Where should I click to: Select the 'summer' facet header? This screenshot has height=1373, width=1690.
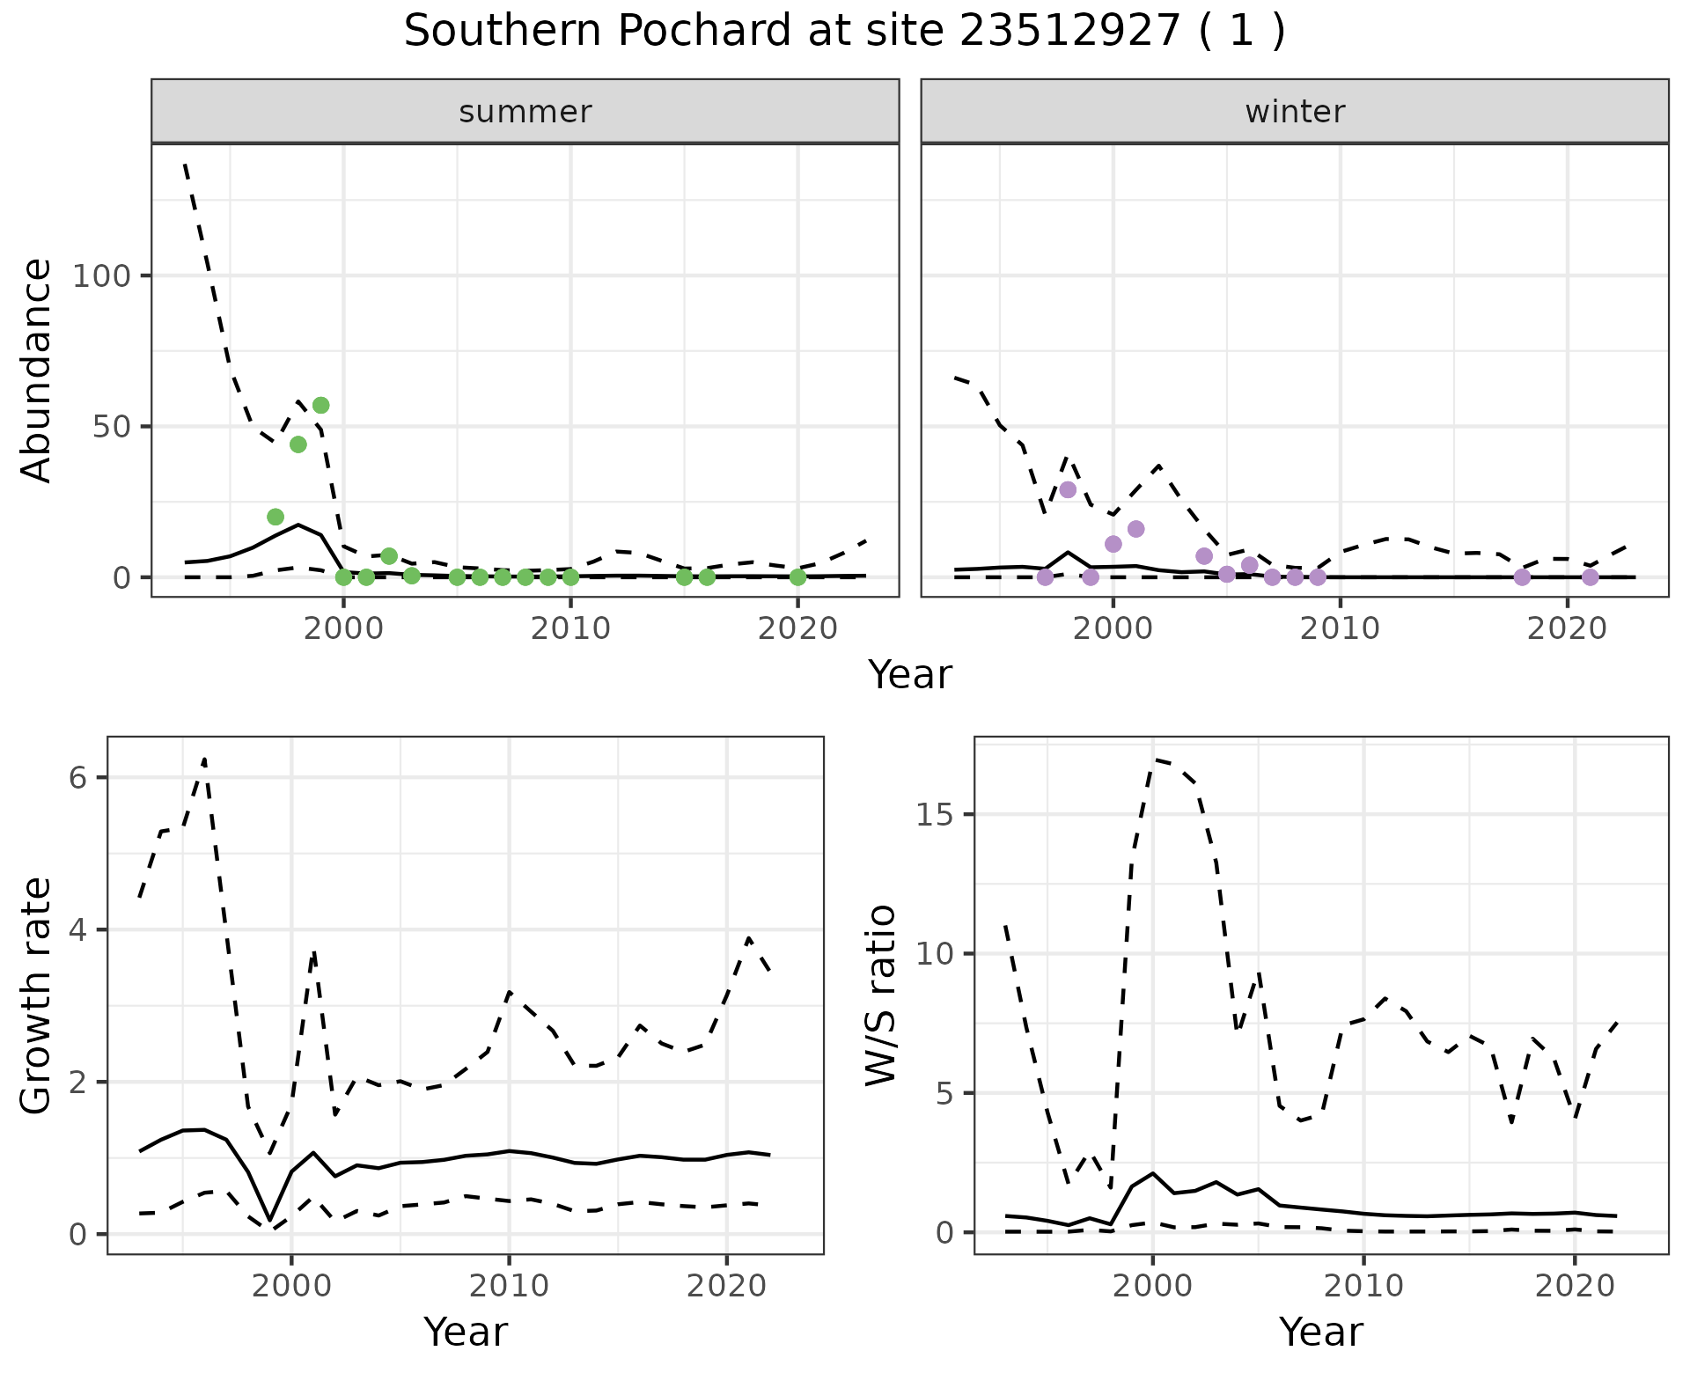(x=525, y=112)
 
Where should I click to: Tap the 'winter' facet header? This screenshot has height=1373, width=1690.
(x=1295, y=112)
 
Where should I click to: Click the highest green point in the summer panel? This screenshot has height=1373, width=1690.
(x=321, y=406)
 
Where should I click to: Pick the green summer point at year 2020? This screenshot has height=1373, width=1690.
(x=797, y=577)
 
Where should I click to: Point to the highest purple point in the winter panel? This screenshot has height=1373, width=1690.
(x=1068, y=489)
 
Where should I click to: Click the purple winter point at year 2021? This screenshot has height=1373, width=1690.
(x=1590, y=577)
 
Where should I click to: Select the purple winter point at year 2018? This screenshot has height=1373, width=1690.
(x=1522, y=577)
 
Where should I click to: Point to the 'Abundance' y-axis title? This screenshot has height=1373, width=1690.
(x=37, y=371)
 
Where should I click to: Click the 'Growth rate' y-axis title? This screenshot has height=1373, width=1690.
(x=37, y=996)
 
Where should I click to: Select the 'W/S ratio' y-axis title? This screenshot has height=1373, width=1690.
(x=881, y=995)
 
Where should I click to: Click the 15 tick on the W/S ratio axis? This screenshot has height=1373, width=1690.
(x=934, y=815)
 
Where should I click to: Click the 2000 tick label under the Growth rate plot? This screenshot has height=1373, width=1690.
(x=292, y=1286)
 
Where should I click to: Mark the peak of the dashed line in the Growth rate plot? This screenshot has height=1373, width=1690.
(x=204, y=758)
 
